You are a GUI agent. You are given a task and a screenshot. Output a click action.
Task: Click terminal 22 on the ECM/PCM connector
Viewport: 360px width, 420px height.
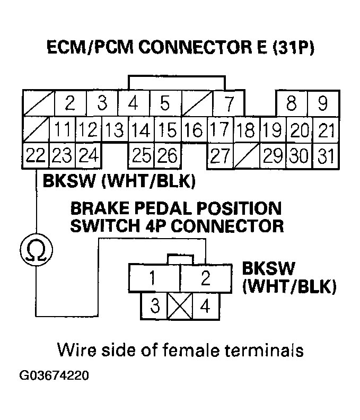35,156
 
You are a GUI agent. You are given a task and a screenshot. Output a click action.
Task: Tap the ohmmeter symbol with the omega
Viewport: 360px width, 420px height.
35,250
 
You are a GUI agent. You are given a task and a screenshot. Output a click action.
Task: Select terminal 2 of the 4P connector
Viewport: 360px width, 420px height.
205,278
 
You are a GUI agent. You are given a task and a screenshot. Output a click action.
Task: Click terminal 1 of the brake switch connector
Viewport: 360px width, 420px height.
153,278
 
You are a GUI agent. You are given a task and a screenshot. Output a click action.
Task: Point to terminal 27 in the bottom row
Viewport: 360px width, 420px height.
219,156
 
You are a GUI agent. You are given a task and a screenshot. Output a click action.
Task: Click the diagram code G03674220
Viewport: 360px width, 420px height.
54,376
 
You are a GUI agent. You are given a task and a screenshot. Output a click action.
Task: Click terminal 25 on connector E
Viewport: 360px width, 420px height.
141,156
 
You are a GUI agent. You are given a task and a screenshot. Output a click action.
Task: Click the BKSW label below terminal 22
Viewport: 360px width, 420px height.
66,182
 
